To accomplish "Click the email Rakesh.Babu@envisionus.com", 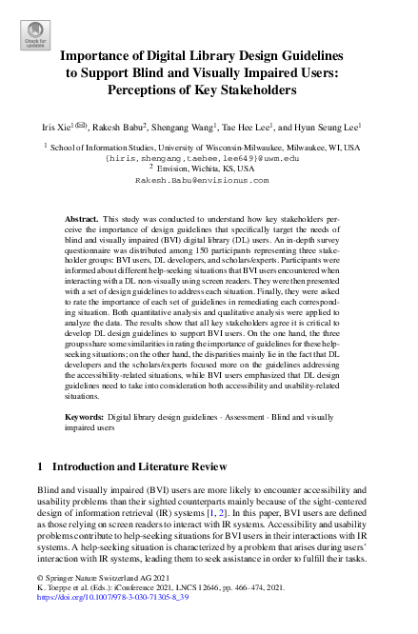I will pos(209,178).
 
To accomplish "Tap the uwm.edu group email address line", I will pos(209,158).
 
